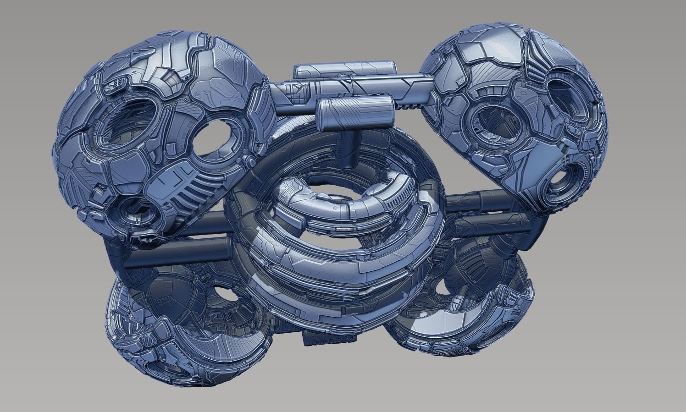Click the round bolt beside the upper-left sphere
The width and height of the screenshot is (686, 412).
pyautogui.click(x=250, y=161)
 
